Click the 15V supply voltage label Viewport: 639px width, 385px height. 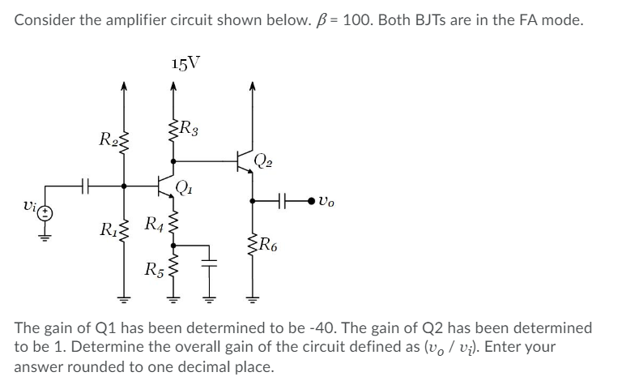187,62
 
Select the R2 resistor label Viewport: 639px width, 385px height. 108,139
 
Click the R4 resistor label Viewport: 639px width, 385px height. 153,222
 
